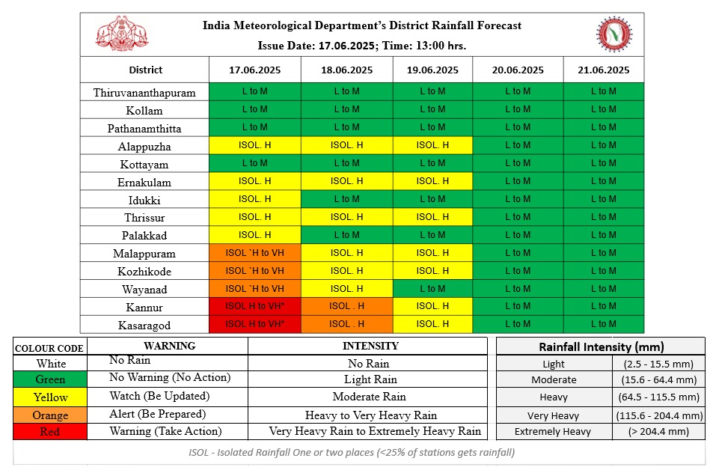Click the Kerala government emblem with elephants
pyautogui.click(x=122, y=34)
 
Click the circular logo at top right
pyautogui.click(x=614, y=34)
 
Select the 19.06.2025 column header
pyautogui.click(x=432, y=70)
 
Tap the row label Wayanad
pyautogui.click(x=144, y=289)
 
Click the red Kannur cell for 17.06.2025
pyautogui.click(x=254, y=306)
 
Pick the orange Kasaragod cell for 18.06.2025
pyautogui.click(x=347, y=324)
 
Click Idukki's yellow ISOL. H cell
pyautogui.click(x=254, y=199)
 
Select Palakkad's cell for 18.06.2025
pyautogui.click(x=347, y=235)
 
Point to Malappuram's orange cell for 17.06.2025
pyautogui.click(x=254, y=253)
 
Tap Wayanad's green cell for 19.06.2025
pyautogui.click(x=432, y=288)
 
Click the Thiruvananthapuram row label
pyautogui.click(x=144, y=93)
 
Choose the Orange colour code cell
pyautogui.click(x=50, y=415)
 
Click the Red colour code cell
pyautogui.click(x=50, y=432)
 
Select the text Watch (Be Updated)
pyautogui.click(x=159, y=396)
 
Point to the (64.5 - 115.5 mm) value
pyautogui.click(x=658, y=397)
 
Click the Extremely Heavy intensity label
pyautogui.click(x=552, y=432)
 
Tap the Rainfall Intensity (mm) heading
pyautogui.click(x=601, y=347)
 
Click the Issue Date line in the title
pyautogui.click(x=361, y=46)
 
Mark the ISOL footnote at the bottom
pyautogui.click(x=352, y=453)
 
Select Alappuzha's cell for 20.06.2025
pyautogui.click(x=518, y=145)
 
